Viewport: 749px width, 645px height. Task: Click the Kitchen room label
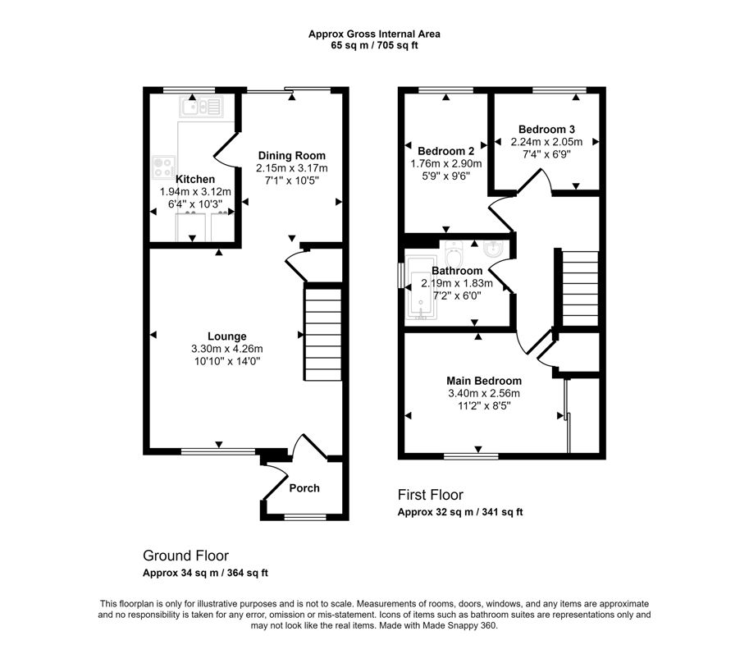coord(195,179)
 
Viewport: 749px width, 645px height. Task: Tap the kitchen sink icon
coord(201,107)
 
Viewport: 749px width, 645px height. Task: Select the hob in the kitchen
coord(163,167)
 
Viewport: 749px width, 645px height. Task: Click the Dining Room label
coord(291,155)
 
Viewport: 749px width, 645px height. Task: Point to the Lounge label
coord(227,336)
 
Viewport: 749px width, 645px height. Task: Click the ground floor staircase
coord(323,332)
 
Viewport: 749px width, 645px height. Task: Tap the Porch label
coord(304,487)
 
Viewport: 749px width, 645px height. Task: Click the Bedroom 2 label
coord(445,151)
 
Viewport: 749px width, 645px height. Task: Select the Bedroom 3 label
coord(546,129)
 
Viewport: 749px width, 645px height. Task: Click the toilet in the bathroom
coord(453,254)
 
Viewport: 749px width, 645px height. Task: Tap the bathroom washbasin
coord(493,249)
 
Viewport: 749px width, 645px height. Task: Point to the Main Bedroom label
coord(484,381)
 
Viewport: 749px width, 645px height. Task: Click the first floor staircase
coord(580,289)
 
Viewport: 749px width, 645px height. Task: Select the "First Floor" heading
coord(431,495)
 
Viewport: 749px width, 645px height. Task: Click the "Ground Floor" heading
coord(186,556)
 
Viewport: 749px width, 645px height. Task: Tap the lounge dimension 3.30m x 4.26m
coord(227,349)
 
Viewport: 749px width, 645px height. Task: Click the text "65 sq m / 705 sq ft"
coord(374,45)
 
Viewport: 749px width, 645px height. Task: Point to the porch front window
coord(305,517)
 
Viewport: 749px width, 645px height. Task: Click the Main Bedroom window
coord(471,456)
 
